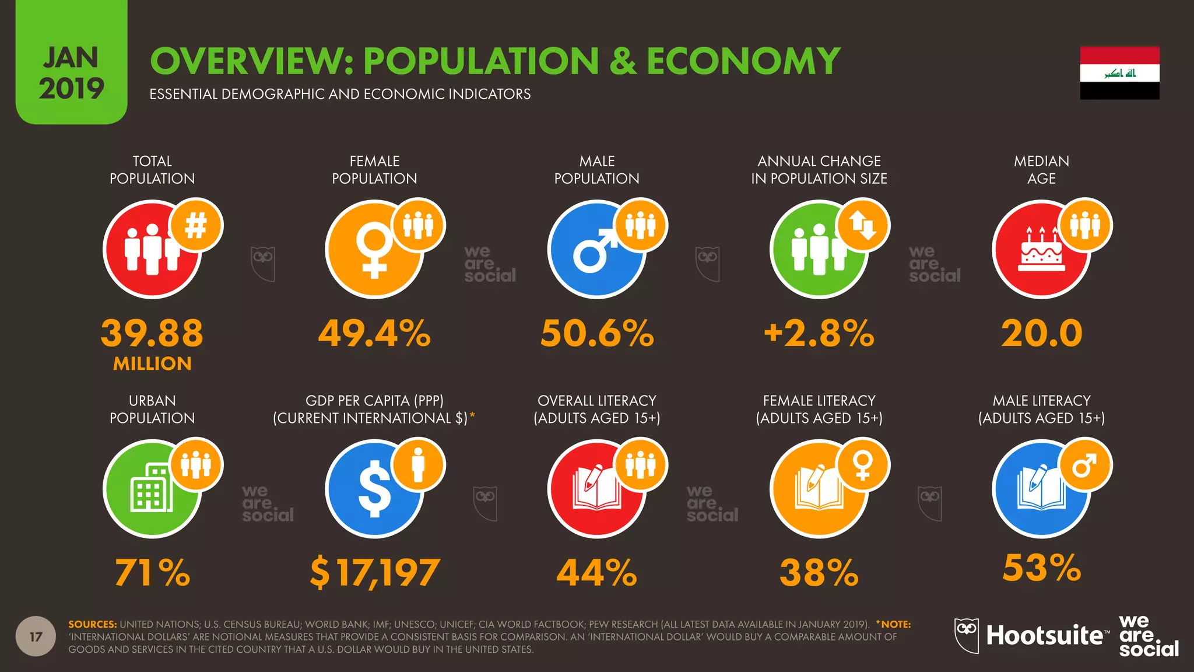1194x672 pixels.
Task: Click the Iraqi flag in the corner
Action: [1119, 73]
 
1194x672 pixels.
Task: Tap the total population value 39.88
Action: [152, 333]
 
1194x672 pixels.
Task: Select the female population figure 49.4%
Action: [374, 333]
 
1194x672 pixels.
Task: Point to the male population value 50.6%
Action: [597, 333]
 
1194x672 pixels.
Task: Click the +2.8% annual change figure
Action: [819, 333]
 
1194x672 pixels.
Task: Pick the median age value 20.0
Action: [1041, 333]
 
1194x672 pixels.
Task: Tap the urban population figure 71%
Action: [152, 572]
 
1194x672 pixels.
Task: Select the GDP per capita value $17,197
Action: [374, 572]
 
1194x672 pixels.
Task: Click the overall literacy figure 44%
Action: [597, 572]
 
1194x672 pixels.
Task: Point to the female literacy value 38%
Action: [819, 572]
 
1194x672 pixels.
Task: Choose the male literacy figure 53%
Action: [1041, 568]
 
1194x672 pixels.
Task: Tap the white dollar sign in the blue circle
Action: [374, 489]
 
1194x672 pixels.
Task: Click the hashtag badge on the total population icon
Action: [196, 226]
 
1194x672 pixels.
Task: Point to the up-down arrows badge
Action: [863, 226]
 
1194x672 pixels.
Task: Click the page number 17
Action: [36, 636]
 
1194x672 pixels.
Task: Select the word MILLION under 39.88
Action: [152, 364]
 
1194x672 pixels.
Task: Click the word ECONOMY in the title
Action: [743, 61]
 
